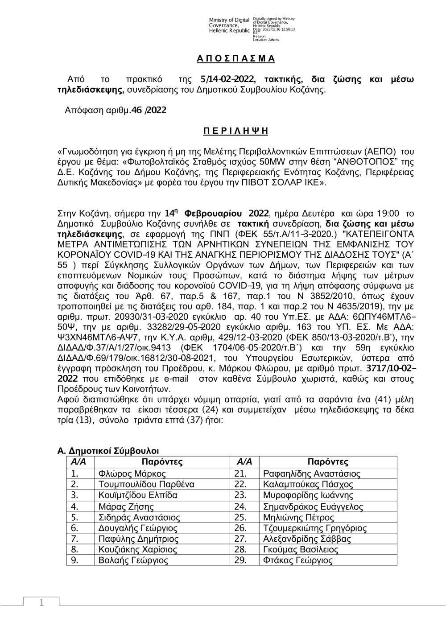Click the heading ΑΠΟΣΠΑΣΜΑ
coord(236,59)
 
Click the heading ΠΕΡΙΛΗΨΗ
coord(236,131)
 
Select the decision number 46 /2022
coord(149,110)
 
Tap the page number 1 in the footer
coord(41,603)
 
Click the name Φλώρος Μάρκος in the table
coord(132,474)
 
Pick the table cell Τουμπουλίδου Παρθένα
coord(146,485)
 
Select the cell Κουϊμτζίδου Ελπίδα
coord(138,495)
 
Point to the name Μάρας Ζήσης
coord(126,506)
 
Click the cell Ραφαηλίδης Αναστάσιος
coord(312,474)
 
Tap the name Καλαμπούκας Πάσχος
coord(308,485)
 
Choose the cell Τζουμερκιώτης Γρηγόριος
coord(315,528)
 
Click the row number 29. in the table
coord(240,560)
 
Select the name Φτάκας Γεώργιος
coord(298,560)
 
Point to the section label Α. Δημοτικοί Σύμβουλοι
coord(108,452)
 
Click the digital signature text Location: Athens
coord(266,40)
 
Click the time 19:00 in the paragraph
coord(389,213)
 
